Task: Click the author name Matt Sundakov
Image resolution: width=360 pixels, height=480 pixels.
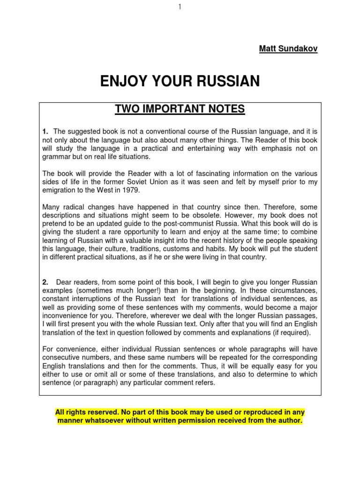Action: pos(288,49)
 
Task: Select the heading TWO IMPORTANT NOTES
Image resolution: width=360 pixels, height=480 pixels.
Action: pos(180,109)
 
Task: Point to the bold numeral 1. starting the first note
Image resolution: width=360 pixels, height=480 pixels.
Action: pos(45,131)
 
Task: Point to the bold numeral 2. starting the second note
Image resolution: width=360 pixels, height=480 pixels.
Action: pos(45,282)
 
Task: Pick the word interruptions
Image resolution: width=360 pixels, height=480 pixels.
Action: pos(95,299)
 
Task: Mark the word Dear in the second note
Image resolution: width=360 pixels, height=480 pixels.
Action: pos(65,282)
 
